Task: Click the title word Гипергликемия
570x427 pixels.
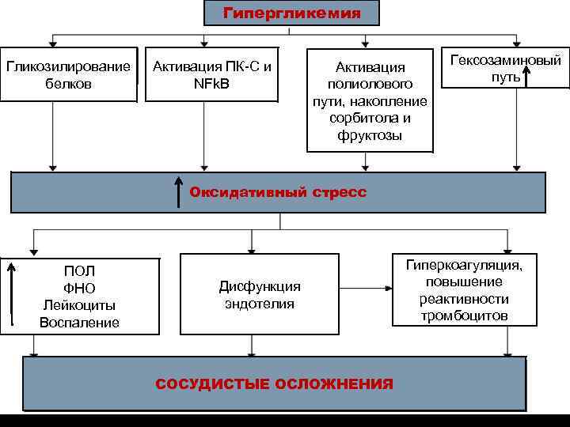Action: (x=291, y=13)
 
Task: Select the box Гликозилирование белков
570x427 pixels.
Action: (x=69, y=74)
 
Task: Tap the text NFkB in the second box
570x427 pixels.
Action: (x=212, y=82)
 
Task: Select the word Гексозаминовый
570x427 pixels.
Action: (x=505, y=60)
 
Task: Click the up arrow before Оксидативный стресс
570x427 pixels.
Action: (x=179, y=193)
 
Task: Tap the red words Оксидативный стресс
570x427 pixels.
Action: (x=278, y=192)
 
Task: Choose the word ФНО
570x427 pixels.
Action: (x=79, y=288)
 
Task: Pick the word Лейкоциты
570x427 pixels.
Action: (x=79, y=305)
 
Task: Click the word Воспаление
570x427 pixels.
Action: (x=79, y=322)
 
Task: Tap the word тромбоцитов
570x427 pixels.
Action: (x=470, y=316)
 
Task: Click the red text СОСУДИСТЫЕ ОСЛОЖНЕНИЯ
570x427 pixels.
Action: (x=274, y=384)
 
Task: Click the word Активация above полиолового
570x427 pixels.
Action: (x=370, y=67)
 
